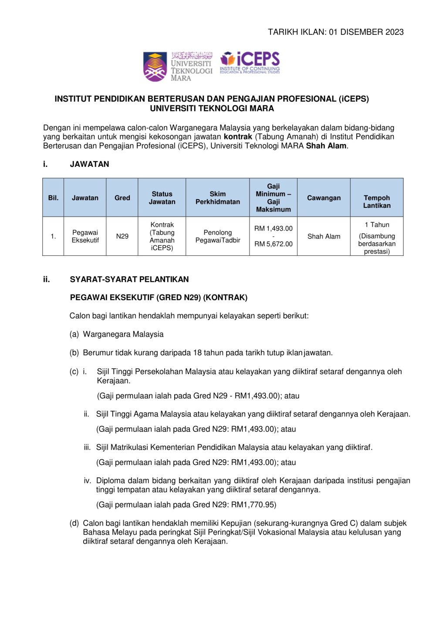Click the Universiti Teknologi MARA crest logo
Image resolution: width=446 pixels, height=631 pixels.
[x=155, y=67]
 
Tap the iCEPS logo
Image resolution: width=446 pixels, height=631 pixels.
[x=250, y=63]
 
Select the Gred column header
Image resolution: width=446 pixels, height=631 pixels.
[x=122, y=198]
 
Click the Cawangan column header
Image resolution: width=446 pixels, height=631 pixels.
[x=324, y=198]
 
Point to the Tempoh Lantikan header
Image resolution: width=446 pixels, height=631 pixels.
[x=377, y=202]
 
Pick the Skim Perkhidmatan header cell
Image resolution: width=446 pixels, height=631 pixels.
[x=218, y=198]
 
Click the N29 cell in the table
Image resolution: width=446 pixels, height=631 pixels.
[x=122, y=236]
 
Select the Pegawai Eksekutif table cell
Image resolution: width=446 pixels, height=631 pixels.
[x=85, y=236]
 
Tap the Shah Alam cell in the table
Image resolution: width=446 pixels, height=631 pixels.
[x=324, y=236]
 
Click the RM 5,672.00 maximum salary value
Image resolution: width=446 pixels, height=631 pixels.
[x=274, y=244]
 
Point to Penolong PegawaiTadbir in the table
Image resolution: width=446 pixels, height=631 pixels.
[x=218, y=236]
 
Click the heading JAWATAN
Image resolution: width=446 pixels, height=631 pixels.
[x=90, y=164]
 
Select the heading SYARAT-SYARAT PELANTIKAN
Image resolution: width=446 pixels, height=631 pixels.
[x=129, y=279]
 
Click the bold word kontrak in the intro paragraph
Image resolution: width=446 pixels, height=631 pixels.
[x=238, y=137]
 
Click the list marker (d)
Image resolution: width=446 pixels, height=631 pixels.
[x=74, y=523]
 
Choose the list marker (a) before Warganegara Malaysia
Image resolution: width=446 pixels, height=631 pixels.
[x=74, y=334]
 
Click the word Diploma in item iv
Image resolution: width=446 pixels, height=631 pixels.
[x=110, y=481]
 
